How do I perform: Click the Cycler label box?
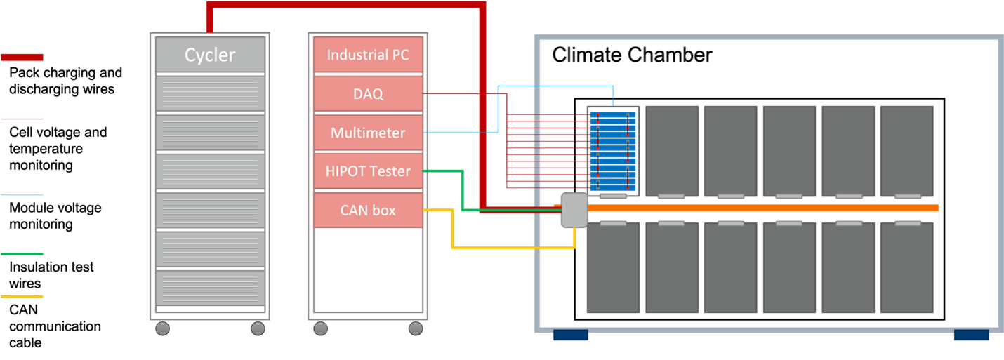(x=210, y=55)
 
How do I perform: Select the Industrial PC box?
(x=368, y=55)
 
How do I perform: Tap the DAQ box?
(x=368, y=93)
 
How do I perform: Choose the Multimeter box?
(x=368, y=132)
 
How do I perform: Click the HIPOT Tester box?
(x=368, y=171)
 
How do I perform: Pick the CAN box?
(x=368, y=210)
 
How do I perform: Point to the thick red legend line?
(x=22, y=58)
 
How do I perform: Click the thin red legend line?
(x=22, y=119)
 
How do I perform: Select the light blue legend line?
(x=22, y=195)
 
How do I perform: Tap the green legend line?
(x=22, y=254)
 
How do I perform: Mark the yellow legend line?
(x=22, y=297)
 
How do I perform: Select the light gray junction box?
(x=574, y=211)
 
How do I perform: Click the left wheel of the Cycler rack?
(x=162, y=328)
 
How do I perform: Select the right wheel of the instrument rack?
(x=416, y=328)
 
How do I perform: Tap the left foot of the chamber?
(x=570, y=336)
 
